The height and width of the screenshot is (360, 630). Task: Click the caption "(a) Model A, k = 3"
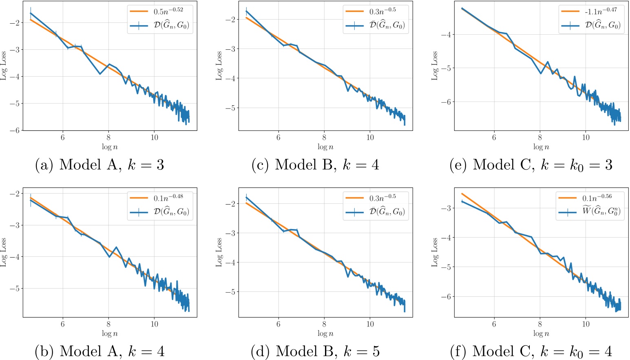[x=99, y=165]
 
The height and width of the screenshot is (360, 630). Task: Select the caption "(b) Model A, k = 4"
[x=99, y=351]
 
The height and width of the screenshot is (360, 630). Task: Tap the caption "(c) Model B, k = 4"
[x=315, y=165]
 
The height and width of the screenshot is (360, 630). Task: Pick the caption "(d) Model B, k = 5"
[x=315, y=351]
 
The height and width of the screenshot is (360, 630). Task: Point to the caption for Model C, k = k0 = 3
[x=531, y=165]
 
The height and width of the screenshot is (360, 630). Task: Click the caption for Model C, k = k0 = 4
[x=531, y=351]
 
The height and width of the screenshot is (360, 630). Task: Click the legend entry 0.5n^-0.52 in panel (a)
[x=168, y=11]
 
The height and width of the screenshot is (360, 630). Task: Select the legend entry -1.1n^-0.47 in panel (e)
[x=601, y=11]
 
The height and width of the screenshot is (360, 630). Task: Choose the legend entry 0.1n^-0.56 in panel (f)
[x=597, y=198]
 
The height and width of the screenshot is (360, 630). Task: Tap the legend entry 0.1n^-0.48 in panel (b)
[x=168, y=198]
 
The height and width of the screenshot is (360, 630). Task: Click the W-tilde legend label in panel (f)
[x=601, y=212]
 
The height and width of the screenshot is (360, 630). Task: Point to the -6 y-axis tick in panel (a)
[x=15, y=130]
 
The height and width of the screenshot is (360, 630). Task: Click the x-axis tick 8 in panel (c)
[x=324, y=137]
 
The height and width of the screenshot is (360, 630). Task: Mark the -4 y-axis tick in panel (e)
[x=446, y=34]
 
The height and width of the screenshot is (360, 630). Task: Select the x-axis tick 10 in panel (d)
[x=370, y=324]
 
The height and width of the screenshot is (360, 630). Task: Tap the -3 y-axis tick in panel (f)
[x=446, y=208]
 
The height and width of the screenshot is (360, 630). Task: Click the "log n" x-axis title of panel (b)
[x=110, y=333]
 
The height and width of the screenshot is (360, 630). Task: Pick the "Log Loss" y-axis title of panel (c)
[x=219, y=65]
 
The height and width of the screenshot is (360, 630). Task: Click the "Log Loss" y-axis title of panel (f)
[x=435, y=252]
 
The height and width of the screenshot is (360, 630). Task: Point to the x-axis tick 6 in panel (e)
[x=494, y=137]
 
